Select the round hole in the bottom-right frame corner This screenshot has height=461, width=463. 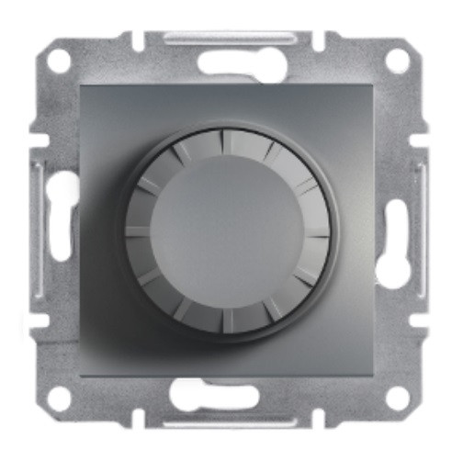coord(397,399)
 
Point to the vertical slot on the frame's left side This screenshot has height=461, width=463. coord(61,230)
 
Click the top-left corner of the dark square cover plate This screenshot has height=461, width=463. coord(80,81)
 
